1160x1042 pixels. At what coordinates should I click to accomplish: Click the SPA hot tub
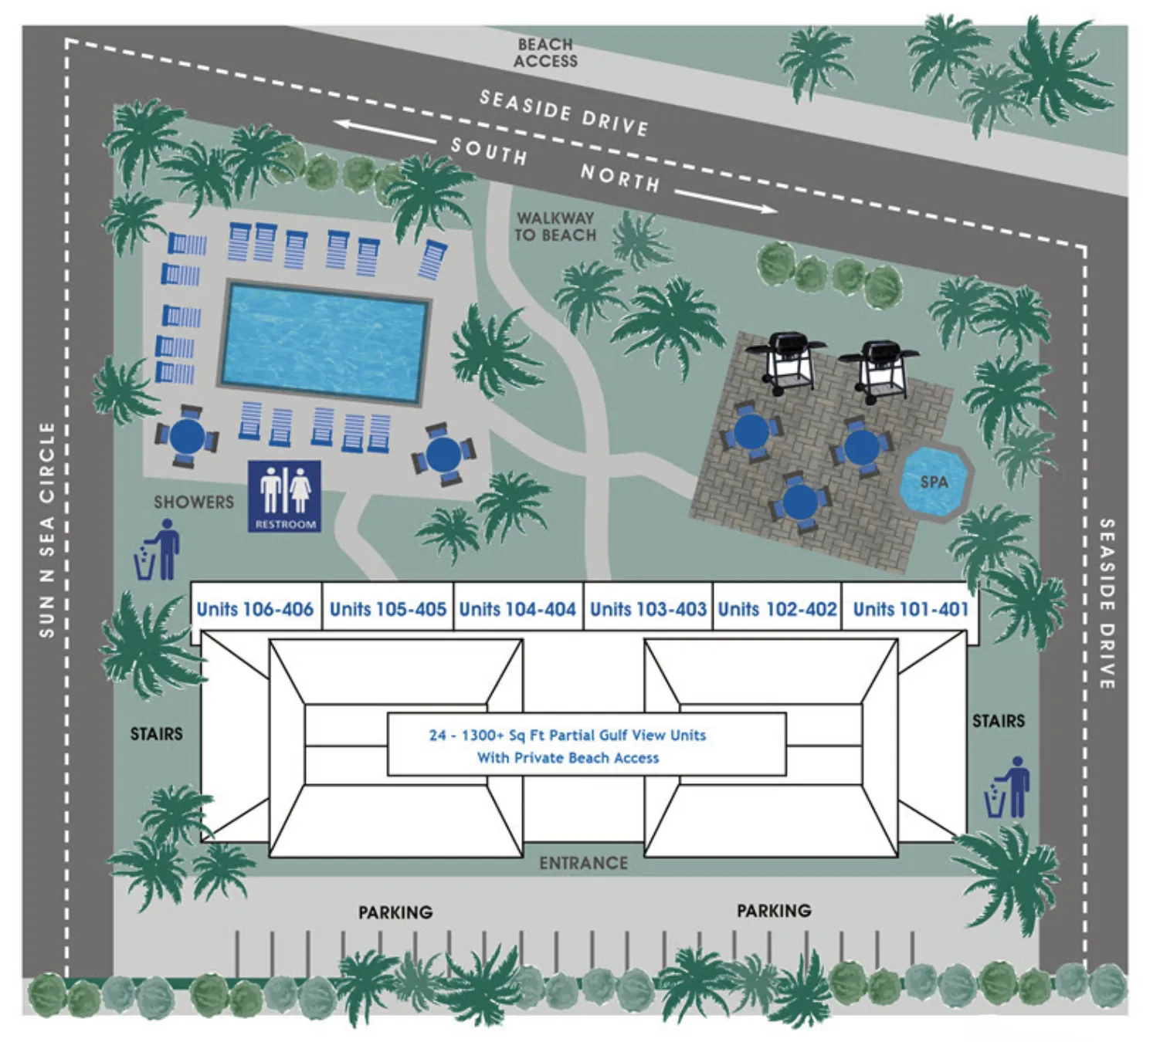[933, 482]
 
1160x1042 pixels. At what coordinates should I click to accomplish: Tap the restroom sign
[284, 496]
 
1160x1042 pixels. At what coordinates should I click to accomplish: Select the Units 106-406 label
[255, 609]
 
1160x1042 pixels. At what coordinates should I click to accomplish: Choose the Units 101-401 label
[910, 609]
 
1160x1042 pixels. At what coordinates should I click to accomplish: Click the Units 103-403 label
[648, 609]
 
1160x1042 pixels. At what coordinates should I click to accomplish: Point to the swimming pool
[324, 343]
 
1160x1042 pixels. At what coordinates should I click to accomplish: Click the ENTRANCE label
[583, 862]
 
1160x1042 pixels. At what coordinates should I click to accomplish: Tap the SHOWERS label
[193, 502]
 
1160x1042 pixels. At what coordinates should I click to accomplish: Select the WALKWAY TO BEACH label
[555, 227]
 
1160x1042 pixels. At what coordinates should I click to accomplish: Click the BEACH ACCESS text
[545, 52]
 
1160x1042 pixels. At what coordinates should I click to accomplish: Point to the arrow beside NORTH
[726, 201]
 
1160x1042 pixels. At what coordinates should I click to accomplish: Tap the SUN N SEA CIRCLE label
[47, 529]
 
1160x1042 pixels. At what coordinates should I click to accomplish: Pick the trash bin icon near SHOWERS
[157, 550]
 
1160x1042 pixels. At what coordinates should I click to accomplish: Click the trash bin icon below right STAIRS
[1007, 788]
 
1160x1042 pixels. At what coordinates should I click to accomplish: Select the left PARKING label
[395, 912]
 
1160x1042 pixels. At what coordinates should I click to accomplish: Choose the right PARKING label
[773, 911]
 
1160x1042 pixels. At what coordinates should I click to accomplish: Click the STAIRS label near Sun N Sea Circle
[156, 733]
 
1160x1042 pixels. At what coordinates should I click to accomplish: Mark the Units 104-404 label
[517, 609]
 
